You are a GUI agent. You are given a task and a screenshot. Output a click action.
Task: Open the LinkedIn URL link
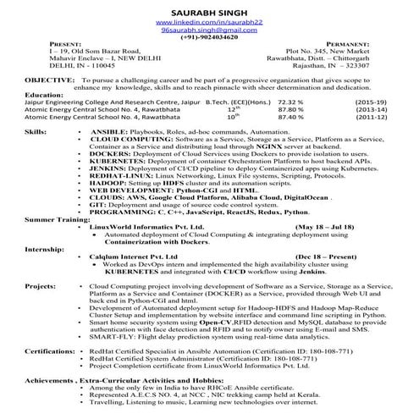(x=209, y=20)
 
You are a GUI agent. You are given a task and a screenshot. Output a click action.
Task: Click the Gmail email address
(x=209, y=30)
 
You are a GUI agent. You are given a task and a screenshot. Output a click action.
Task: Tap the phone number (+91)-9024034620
(x=209, y=39)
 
